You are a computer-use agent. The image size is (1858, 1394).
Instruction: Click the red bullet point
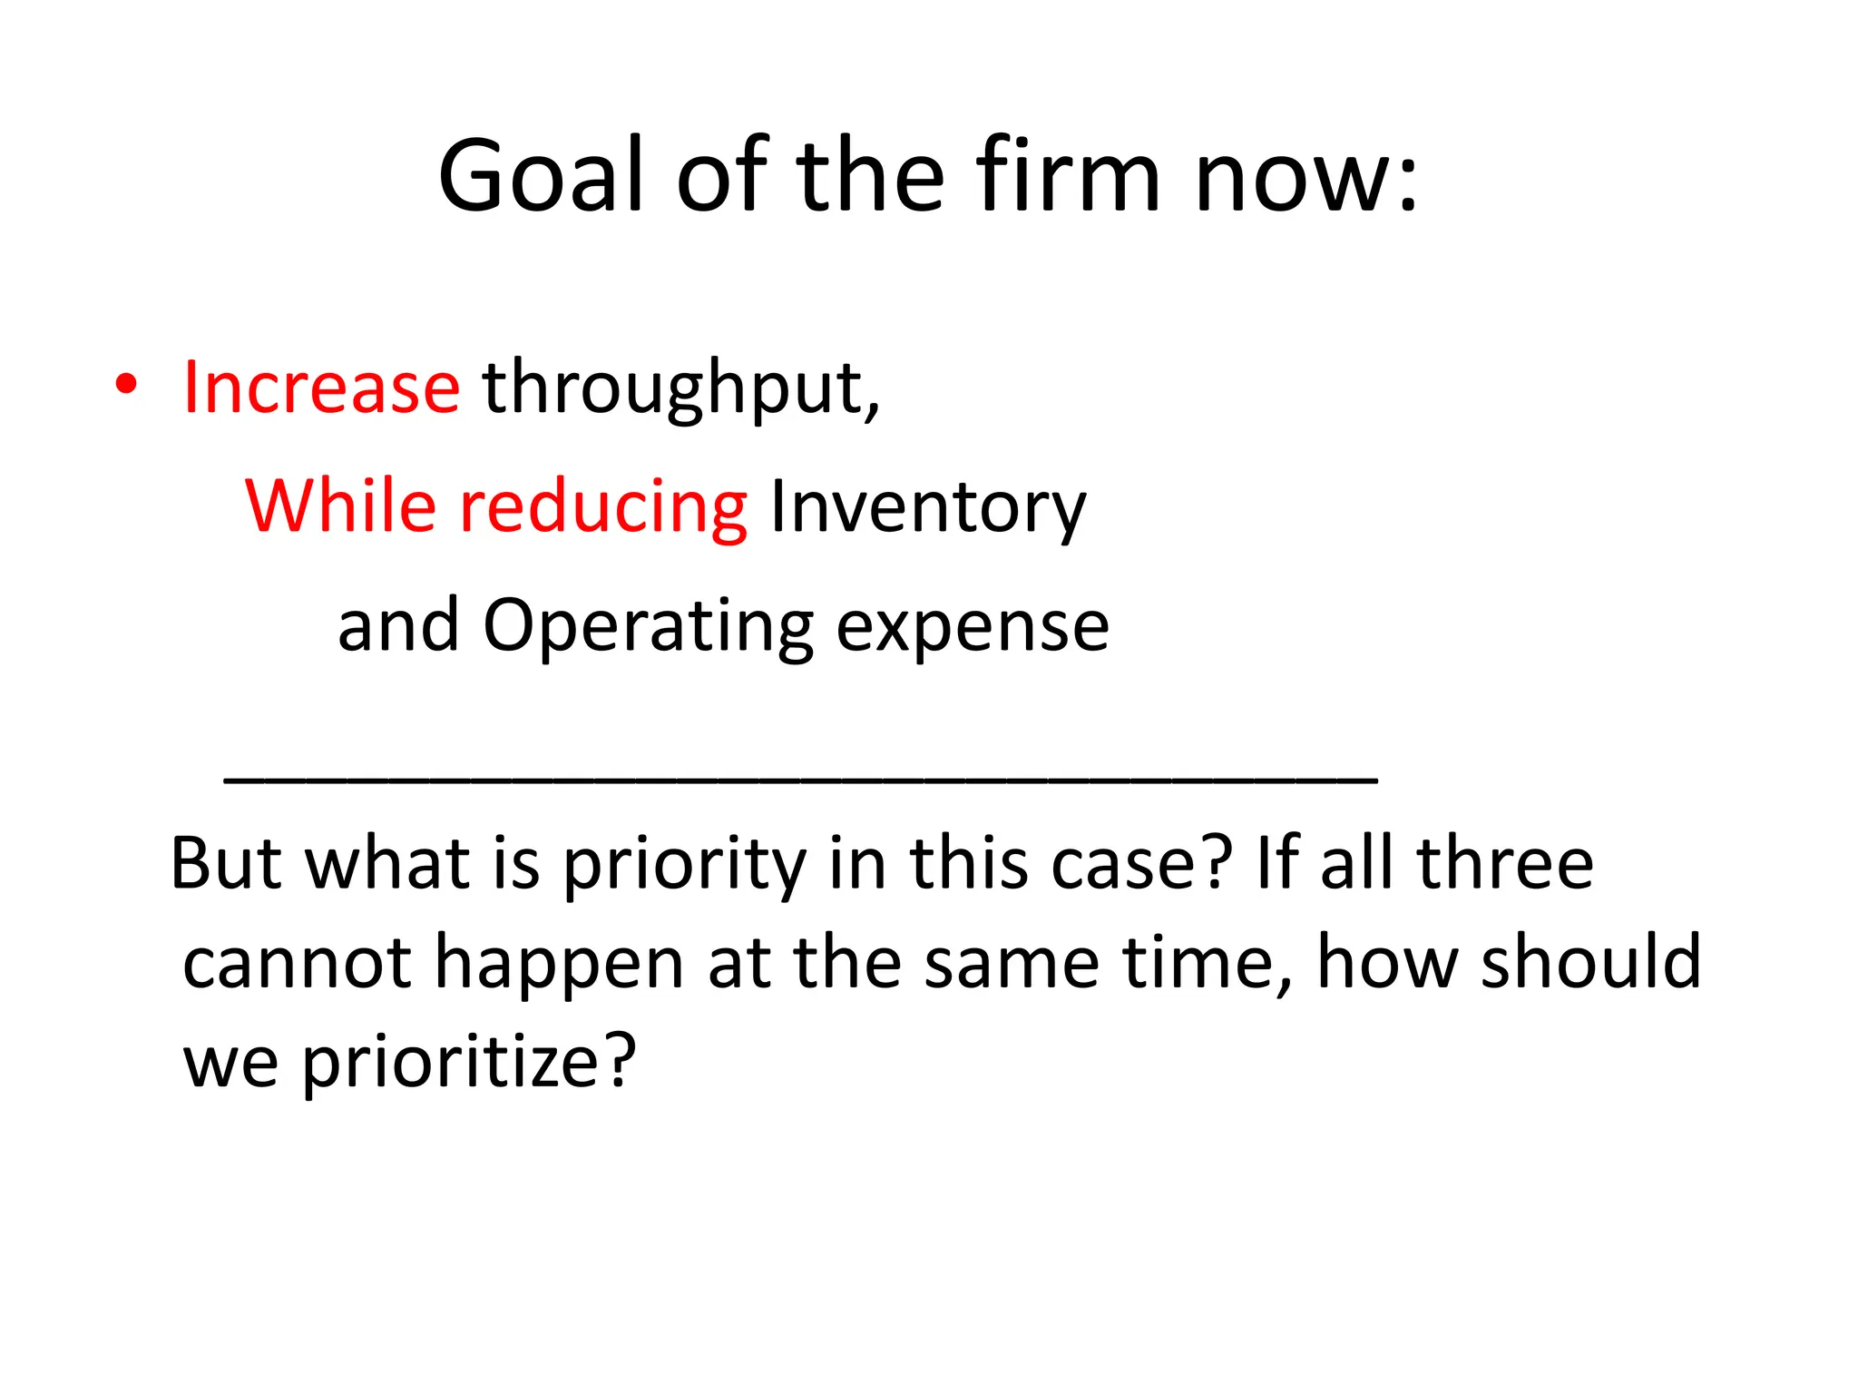coord(126,385)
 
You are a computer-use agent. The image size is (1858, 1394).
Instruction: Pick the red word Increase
coord(321,388)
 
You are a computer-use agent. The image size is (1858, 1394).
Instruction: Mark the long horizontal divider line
coord(800,780)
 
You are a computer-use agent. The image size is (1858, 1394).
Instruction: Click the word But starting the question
coord(226,862)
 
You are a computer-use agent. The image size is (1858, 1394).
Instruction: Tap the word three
coord(1504,862)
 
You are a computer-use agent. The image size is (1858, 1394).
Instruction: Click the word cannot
coord(297,963)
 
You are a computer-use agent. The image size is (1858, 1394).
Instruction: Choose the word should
coord(1590,961)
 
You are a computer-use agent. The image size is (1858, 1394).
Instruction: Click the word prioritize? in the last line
coord(469,1063)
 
